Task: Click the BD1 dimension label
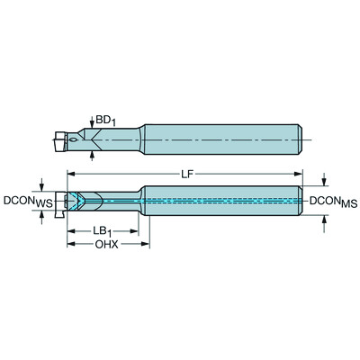(107, 120)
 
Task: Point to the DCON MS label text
(334, 202)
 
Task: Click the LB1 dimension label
(104, 231)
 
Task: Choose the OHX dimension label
(105, 245)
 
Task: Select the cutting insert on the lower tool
(62, 202)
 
